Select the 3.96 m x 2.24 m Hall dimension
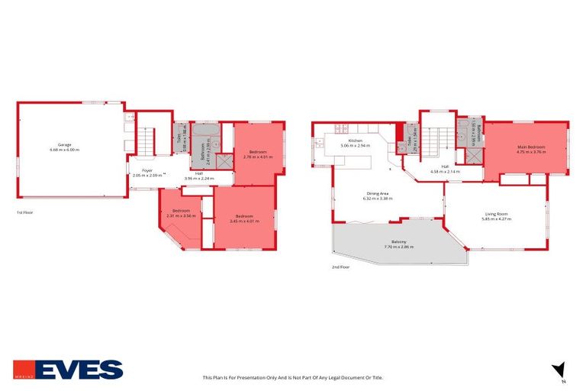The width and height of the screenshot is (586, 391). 199,178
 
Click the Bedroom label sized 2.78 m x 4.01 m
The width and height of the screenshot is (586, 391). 257,151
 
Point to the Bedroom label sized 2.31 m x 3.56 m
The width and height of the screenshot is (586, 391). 180,211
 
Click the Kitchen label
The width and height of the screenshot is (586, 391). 355,141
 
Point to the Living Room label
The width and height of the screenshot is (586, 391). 496,214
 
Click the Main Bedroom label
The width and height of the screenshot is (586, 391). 531,147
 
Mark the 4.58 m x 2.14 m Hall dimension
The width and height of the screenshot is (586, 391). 445,171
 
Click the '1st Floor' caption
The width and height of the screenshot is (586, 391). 25,212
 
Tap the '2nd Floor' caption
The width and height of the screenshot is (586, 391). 340,267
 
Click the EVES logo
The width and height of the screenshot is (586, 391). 69,370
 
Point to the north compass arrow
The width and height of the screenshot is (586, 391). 560,369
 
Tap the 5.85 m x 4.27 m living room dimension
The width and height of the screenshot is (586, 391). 496,219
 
